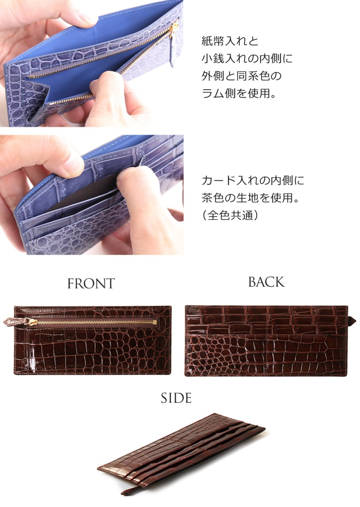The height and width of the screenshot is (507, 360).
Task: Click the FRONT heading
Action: (x=91, y=284)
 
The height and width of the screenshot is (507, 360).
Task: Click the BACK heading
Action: (x=266, y=282)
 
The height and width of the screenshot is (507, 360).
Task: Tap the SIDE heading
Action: (x=176, y=398)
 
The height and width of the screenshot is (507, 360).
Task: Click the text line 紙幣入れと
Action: (x=230, y=41)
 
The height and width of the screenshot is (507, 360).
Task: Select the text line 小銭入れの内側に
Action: (x=247, y=59)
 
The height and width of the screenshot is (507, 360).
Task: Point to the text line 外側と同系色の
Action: (x=241, y=76)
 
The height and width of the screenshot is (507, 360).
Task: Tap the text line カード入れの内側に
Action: (x=253, y=180)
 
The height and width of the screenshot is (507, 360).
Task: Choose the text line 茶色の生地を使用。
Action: (x=250, y=198)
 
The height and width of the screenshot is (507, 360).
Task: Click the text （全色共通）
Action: (x=230, y=215)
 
